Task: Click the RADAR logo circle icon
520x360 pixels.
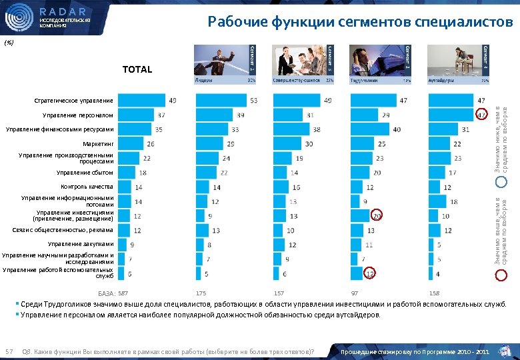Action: click(x=19, y=18)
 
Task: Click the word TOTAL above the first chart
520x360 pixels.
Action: click(x=137, y=69)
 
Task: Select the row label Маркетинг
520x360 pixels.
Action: click(x=99, y=144)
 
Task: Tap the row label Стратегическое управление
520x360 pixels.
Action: click(x=74, y=101)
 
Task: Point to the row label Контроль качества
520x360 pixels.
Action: click(x=87, y=187)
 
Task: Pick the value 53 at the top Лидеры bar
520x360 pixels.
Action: click(x=253, y=101)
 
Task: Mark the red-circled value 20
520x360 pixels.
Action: click(x=377, y=215)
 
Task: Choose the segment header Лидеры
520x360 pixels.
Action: click(x=204, y=79)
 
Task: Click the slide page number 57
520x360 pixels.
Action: click(x=9, y=351)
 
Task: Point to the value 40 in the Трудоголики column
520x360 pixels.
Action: click(x=397, y=129)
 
